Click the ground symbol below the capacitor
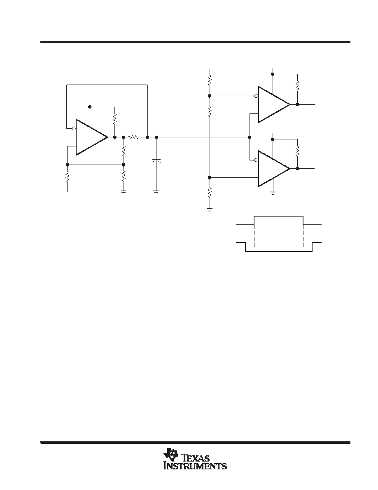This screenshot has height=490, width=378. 156,191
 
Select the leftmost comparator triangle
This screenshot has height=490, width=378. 92,137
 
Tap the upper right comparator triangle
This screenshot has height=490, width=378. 274,104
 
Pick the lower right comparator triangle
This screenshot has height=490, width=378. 274,169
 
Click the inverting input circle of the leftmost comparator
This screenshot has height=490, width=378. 74,128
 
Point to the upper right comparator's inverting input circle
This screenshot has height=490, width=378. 257,96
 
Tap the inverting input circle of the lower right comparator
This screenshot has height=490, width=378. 257,160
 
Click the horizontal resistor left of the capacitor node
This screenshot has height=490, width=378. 133,137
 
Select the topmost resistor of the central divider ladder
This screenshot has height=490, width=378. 210,79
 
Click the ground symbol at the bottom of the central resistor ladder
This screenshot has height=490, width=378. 210,210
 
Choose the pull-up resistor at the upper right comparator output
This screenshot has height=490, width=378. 298,86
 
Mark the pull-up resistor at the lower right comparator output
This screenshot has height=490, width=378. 298,151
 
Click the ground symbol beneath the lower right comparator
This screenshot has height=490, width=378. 273,192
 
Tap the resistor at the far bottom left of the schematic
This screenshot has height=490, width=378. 68,177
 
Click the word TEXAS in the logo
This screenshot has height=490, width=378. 196,458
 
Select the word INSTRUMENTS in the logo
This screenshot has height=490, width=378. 195,466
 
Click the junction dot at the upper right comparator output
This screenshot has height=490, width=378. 298,104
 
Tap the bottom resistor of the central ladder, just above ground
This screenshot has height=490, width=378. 210,192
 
